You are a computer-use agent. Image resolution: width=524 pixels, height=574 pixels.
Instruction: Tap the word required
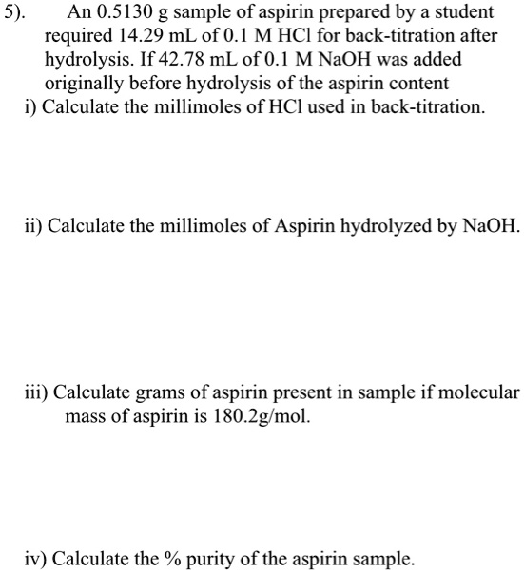[x=77, y=35]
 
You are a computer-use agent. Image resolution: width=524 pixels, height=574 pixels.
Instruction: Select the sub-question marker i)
[x=29, y=105]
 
